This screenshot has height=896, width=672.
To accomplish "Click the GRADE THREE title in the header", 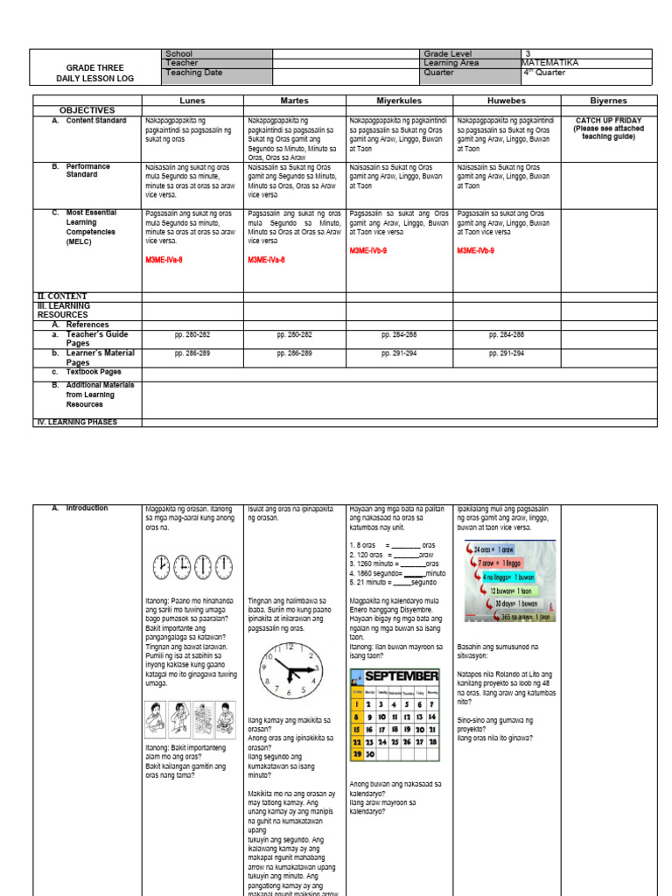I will pyautogui.click(x=95, y=67).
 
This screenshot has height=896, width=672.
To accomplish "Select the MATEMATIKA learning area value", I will pyautogui.click(x=549, y=63).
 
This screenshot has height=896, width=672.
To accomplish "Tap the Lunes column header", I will pyautogui.click(x=192, y=101).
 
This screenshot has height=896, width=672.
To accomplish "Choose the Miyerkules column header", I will pyautogui.click(x=398, y=101).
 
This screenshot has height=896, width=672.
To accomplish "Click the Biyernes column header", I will pyautogui.click(x=607, y=101).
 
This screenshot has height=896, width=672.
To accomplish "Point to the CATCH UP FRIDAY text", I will pyautogui.click(x=608, y=121).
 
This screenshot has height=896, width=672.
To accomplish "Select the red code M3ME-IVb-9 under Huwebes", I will pyautogui.click(x=475, y=250).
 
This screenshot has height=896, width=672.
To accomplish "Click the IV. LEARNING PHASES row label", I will pyautogui.click(x=75, y=422).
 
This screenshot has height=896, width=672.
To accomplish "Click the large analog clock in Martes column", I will pyautogui.click(x=290, y=671).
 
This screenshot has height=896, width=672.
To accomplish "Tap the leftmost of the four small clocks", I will pyautogui.click(x=161, y=567).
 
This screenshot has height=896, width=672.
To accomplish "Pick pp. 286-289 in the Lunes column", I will pyautogui.click(x=192, y=353).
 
